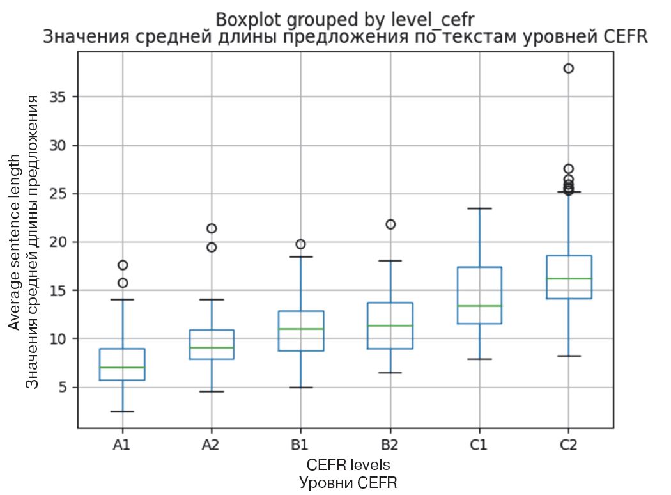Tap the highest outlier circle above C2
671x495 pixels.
coord(569,68)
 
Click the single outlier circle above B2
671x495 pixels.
coord(390,224)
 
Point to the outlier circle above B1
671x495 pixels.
coord(300,244)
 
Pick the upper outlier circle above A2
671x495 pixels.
coord(212,228)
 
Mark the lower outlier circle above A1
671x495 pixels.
coord(122,283)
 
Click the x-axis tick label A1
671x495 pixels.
coord(122,445)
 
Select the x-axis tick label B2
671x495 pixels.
coord(390,445)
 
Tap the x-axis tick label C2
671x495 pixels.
coord(568,445)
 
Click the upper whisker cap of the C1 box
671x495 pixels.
coord(479,208)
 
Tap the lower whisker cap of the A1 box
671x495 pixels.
coord(122,411)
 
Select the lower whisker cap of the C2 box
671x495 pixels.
coord(569,356)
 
